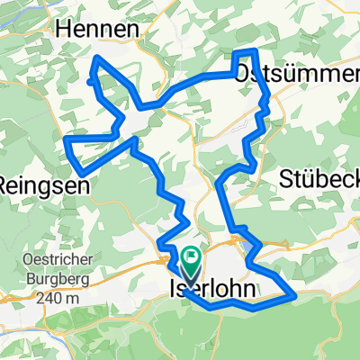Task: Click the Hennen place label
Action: [x=97, y=30]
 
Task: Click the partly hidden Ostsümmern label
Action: [x=297, y=77]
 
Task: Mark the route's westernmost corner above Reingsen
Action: [x=65, y=139]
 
